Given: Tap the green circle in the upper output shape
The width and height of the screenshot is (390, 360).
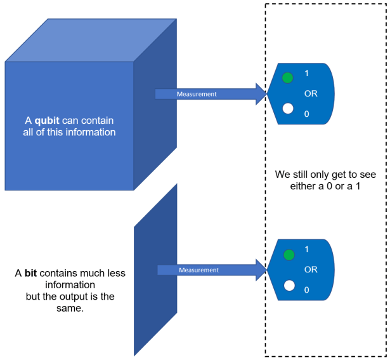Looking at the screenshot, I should tap(288, 78).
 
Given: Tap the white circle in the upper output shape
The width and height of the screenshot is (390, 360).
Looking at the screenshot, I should tap(288, 109).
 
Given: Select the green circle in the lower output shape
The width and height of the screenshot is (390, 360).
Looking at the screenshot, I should tap(289, 255).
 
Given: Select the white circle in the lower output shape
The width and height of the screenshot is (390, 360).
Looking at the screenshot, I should tap(289, 285).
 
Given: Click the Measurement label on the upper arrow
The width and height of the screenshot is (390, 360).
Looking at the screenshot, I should tap(197, 94).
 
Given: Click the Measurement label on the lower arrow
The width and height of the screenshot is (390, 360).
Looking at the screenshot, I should tap(198, 270).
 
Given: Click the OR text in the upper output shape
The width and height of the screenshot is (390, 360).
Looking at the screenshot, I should tap(311, 93).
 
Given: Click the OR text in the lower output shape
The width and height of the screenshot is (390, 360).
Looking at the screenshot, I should tap(311, 269).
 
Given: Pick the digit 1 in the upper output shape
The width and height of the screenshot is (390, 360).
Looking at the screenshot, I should tap(307, 74).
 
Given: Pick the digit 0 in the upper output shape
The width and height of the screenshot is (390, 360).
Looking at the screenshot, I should tap(307, 114).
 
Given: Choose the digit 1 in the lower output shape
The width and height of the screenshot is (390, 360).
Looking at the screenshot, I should tap(307, 250).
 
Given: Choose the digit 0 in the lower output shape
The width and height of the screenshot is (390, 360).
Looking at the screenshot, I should tap(307, 290).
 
